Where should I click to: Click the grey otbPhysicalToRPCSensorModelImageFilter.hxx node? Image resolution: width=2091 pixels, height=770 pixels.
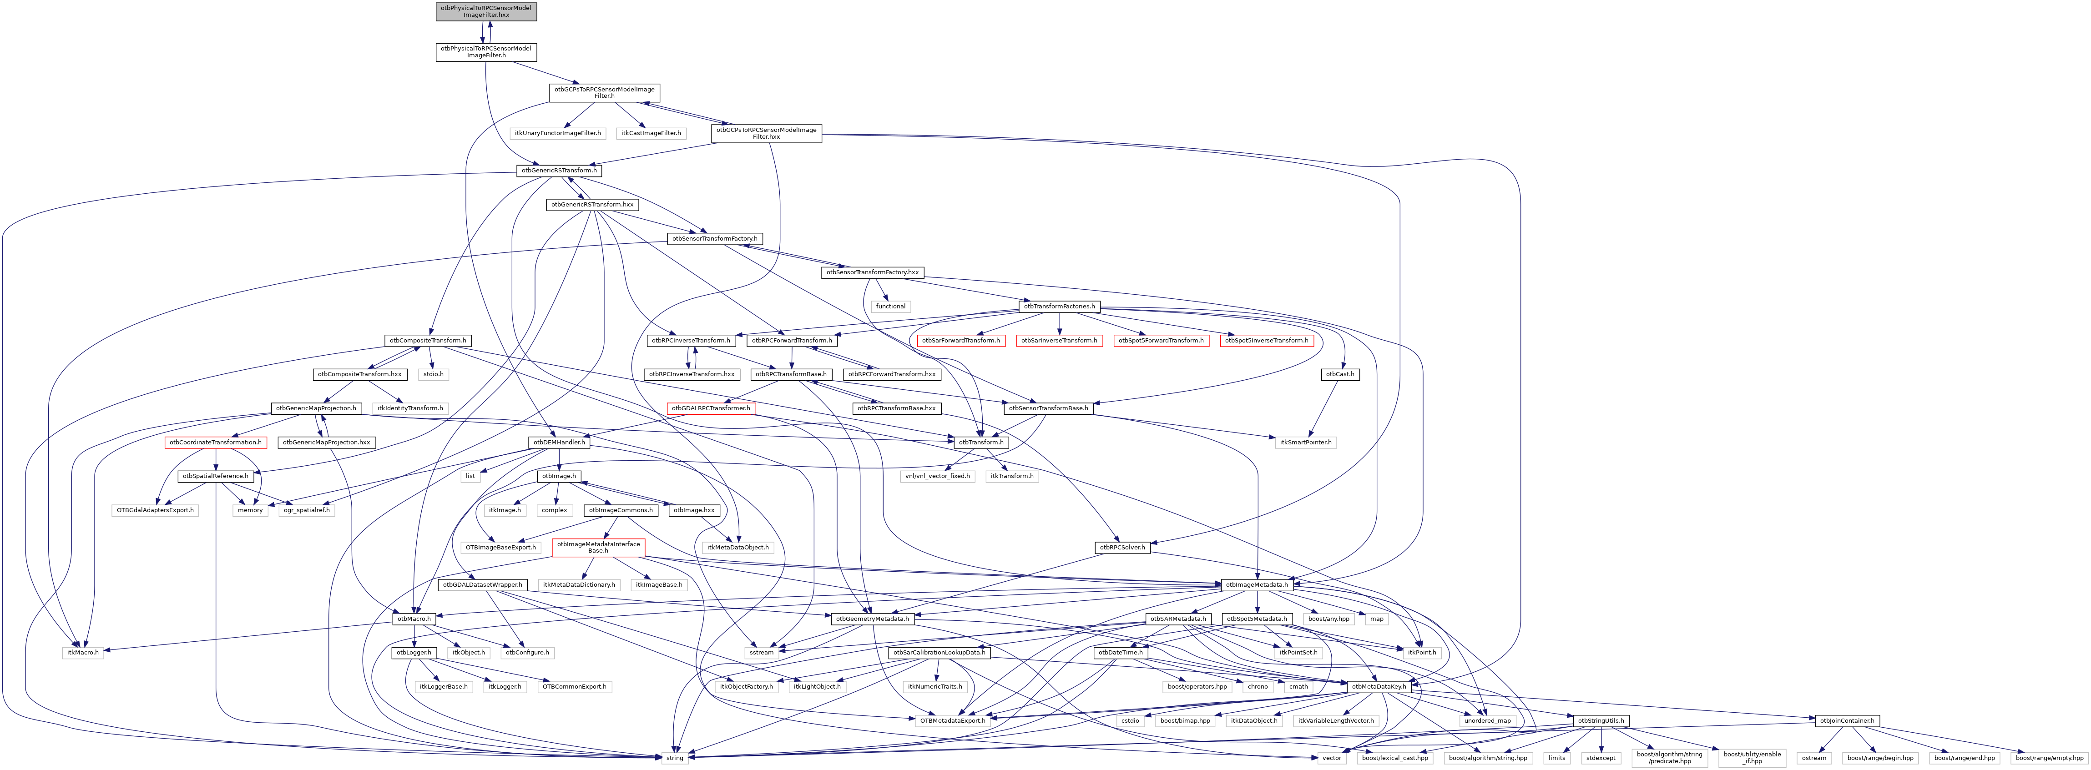pos(485,11)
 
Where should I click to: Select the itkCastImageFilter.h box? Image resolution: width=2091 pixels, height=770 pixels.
pos(651,133)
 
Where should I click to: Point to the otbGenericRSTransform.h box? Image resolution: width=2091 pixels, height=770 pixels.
pos(559,171)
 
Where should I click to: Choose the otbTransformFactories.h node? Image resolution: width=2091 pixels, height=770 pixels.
pos(1059,307)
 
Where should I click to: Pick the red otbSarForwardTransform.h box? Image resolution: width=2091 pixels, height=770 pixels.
pos(961,341)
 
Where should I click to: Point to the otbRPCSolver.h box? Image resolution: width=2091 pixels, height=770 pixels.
pos(1122,548)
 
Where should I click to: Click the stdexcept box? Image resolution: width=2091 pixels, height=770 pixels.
pos(1601,758)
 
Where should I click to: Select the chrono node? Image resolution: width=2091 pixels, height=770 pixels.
pos(1258,686)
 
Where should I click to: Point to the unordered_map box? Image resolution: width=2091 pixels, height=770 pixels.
pos(1487,720)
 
